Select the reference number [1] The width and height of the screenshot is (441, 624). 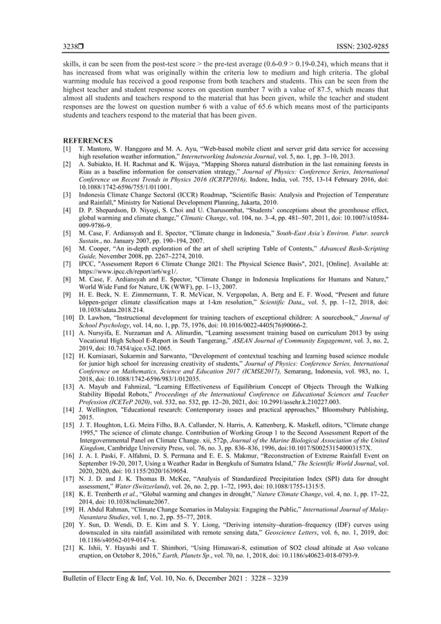[x=67, y=149]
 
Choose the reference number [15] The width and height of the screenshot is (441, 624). [x=68, y=422]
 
